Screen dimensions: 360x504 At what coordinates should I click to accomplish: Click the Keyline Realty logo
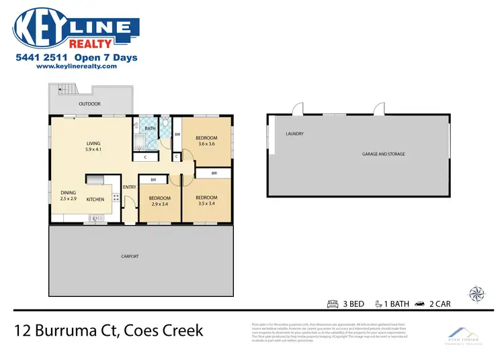(76, 28)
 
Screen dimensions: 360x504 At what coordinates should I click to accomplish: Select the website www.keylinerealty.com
(77, 66)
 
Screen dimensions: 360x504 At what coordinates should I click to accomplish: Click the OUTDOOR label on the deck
(89, 104)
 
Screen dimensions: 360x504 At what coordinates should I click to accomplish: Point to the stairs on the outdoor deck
(65, 90)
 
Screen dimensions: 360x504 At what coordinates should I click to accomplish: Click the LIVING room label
(93, 146)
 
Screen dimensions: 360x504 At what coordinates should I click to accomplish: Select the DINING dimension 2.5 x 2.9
(69, 199)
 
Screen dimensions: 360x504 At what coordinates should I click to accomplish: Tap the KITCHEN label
(95, 199)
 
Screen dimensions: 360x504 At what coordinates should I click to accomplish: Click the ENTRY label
(129, 187)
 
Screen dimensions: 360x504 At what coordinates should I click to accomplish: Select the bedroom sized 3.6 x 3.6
(206, 140)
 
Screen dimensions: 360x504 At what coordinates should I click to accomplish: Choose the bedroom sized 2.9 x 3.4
(159, 201)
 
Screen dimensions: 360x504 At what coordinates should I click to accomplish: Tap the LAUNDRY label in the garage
(294, 134)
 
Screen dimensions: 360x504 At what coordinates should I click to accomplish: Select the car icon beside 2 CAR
(421, 304)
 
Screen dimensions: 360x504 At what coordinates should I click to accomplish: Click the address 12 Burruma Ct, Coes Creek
(109, 331)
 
